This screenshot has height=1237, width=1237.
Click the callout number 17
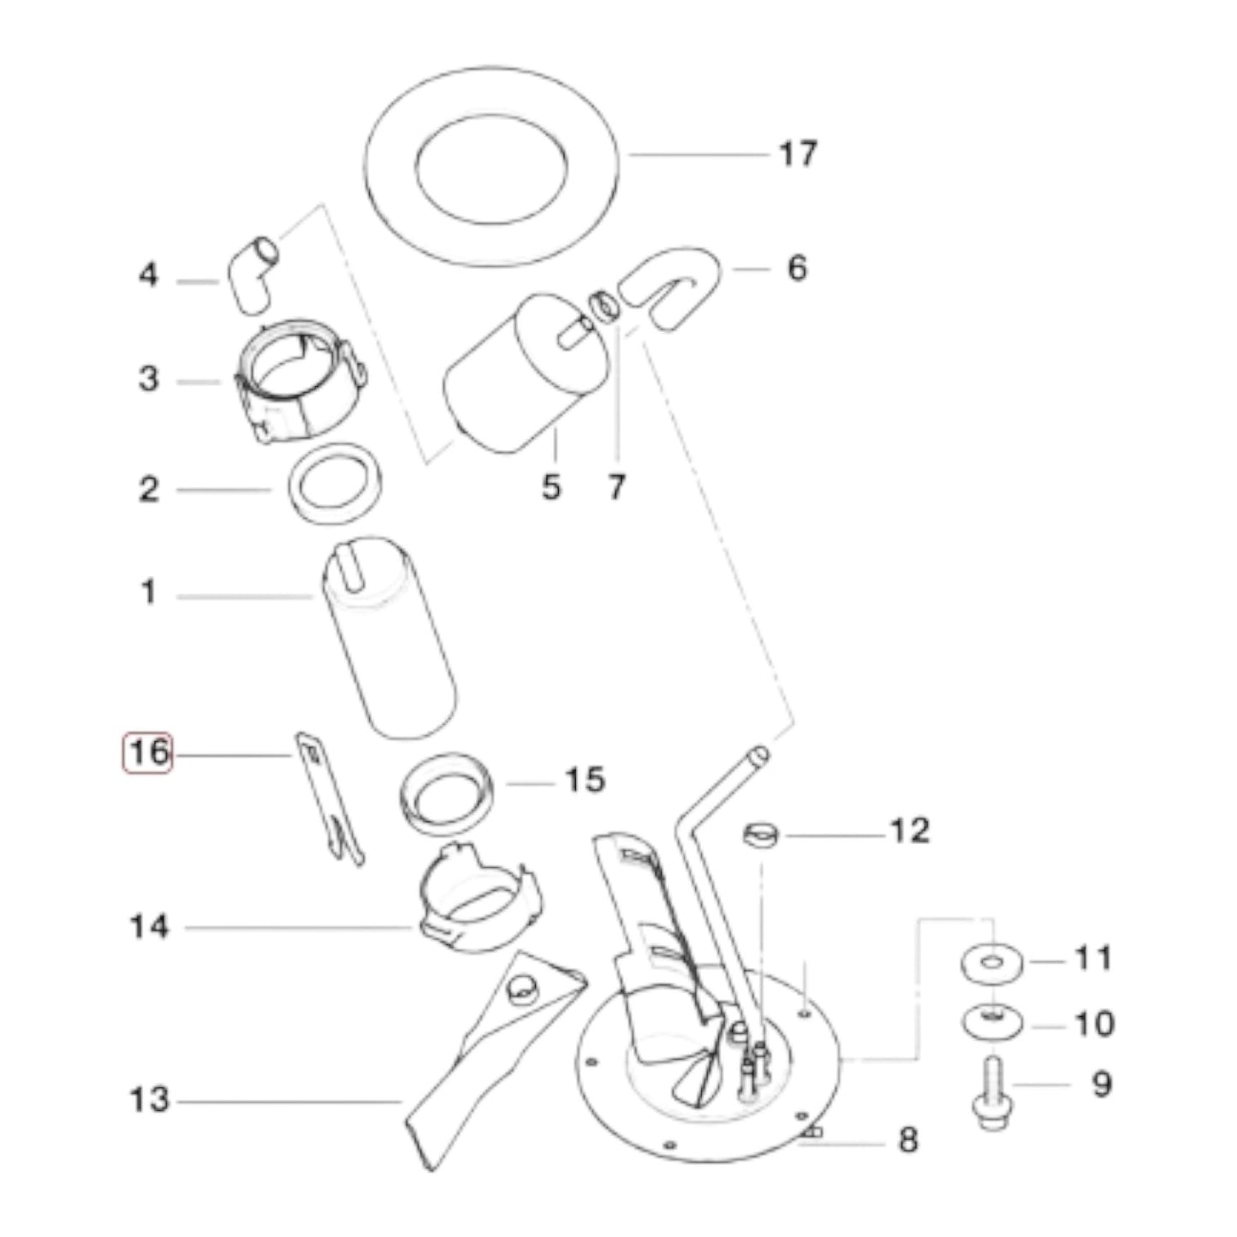point(798,154)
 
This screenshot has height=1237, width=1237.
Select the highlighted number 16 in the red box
point(147,752)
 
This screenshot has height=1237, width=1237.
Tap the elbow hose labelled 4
point(251,276)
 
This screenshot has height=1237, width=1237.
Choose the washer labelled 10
point(992,1022)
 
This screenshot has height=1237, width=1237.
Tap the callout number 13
point(149,1099)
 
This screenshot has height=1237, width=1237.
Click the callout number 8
point(907,1139)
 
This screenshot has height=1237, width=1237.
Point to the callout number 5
point(551,487)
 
